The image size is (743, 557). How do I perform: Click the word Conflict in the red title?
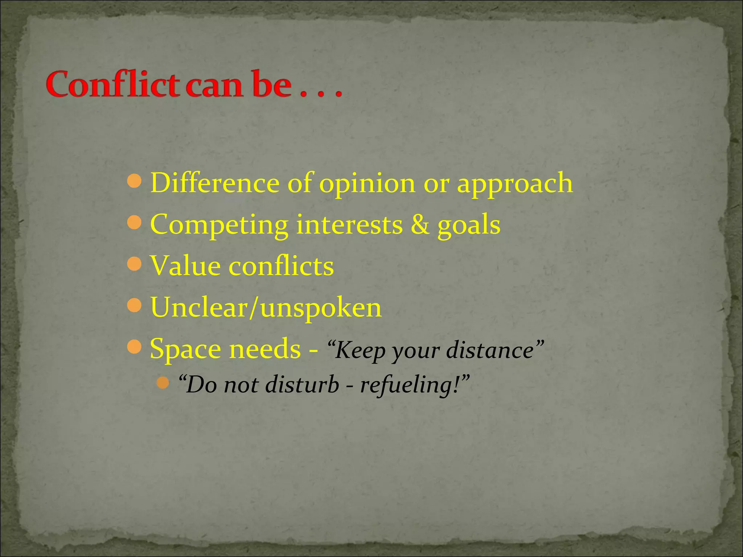(x=112, y=84)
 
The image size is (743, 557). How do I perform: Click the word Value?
(x=185, y=266)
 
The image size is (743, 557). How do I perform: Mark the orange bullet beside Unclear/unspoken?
(x=135, y=305)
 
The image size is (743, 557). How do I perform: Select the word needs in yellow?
(x=265, y=349)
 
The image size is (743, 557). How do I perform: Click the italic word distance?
(x=490, y=350)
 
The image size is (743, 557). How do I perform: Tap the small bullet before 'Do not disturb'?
(x=164, y=382)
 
